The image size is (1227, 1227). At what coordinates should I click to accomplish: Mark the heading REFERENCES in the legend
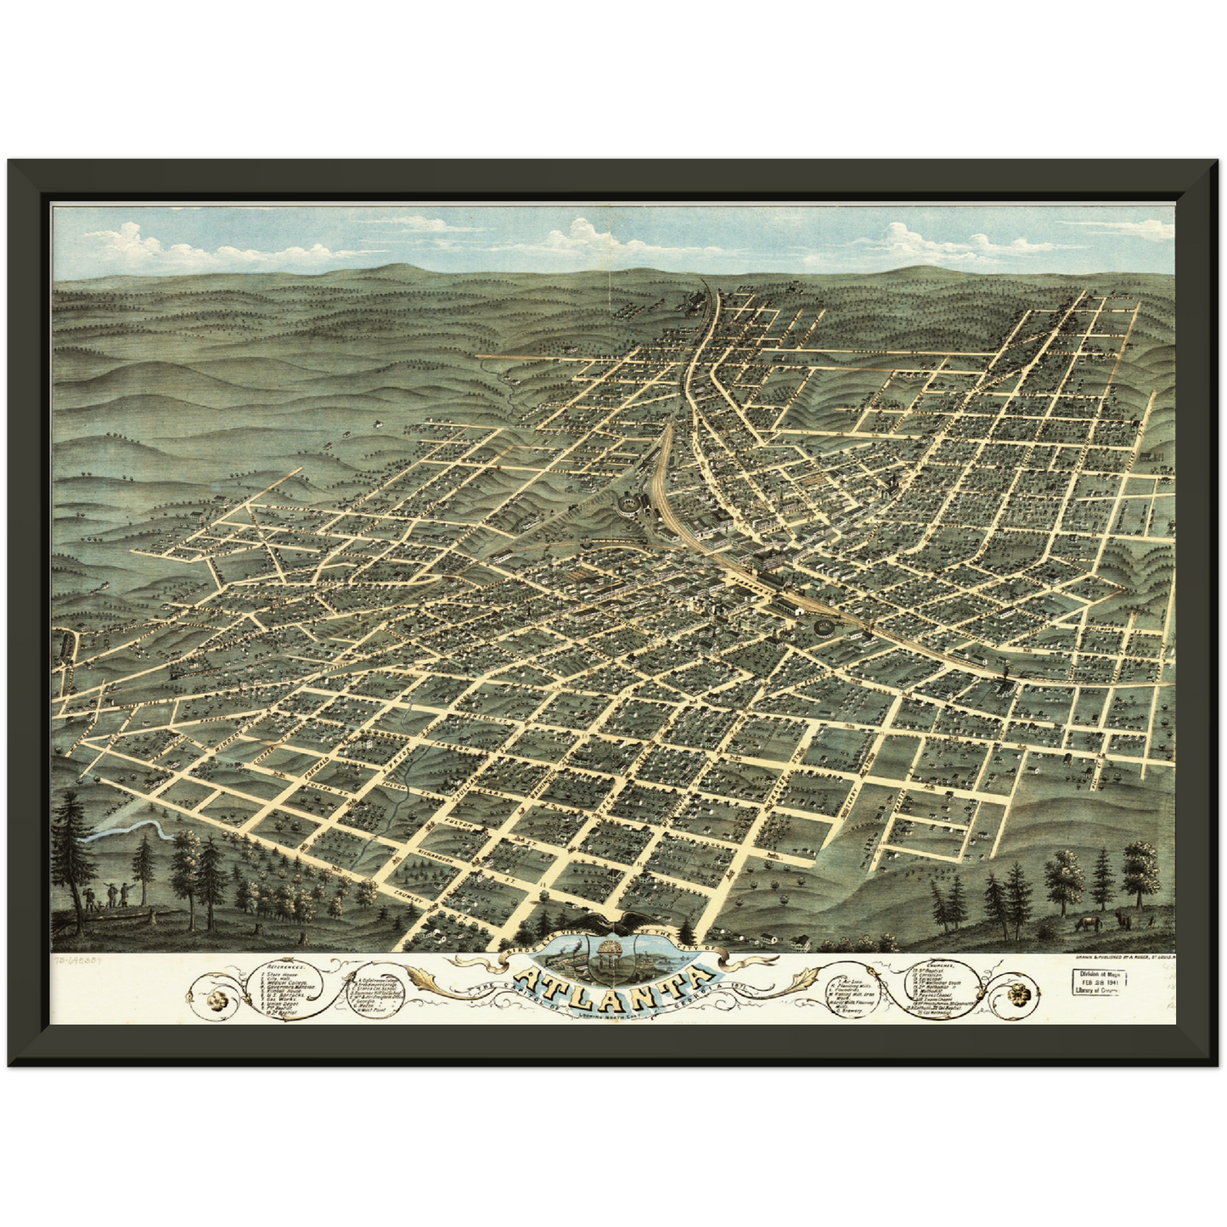tap(286, 966)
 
